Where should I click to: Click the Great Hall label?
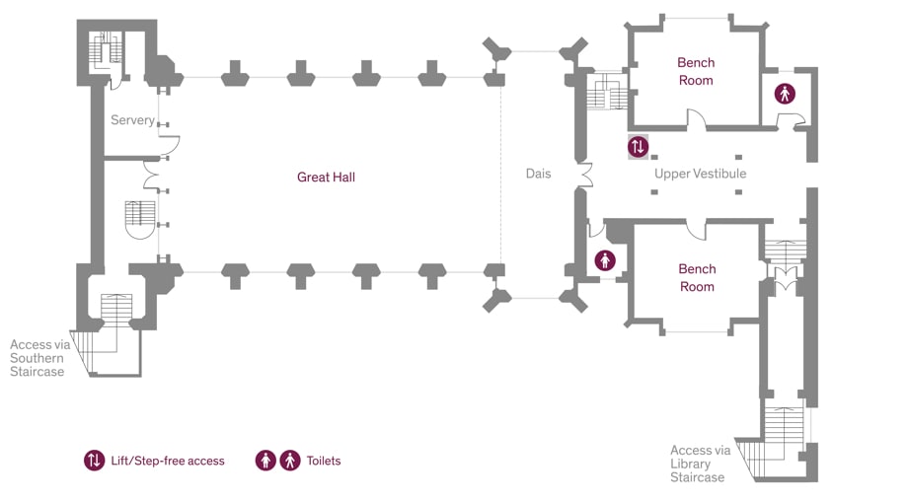click(x=326, y=178)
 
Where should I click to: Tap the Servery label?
click(x=132, y=120)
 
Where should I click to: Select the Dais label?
click(x=538, y=174)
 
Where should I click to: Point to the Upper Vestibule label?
click(x=700, y=174)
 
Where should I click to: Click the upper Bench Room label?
click(x=696, y=71)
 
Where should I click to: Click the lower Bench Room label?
click(x=697, y=277)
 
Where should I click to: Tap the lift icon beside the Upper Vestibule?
click(x=639, y=147)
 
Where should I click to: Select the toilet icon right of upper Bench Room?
click(x=785, y=94)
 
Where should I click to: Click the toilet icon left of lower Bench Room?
click(x=605, y=260)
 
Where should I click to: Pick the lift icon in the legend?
click(x=94, y=461)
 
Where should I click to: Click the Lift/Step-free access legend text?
click(x=168, y=461)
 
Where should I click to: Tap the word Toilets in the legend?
click(x=324, y=461)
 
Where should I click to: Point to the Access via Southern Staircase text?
click(x=38, y=358)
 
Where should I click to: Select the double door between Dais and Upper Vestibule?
click(x=584, y=176)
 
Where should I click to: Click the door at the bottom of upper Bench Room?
click(x=697, y=121)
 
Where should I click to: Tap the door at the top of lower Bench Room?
click(x=697, y=230)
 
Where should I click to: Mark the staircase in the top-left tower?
click(x=104, y=49)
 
